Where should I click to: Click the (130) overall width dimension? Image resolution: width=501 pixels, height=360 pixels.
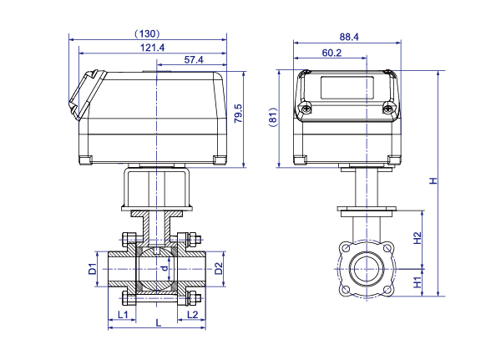[147, 33]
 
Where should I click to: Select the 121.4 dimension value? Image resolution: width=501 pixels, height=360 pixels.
[153, 48]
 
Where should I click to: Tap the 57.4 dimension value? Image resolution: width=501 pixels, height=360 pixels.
[194, 60]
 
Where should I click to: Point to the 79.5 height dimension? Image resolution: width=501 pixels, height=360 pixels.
[238, 114]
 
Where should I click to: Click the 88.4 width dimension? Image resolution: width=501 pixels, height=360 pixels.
[349, 37]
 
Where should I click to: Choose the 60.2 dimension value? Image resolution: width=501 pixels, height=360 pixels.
[331, 53]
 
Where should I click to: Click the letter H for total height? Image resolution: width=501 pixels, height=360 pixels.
[433, 181]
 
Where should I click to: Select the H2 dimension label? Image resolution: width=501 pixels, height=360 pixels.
[417, 238]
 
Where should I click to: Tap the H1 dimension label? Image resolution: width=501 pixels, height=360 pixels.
[417, 282]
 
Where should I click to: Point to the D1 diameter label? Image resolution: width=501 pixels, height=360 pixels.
[93, 269]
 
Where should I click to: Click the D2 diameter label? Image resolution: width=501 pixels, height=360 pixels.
[219, 269]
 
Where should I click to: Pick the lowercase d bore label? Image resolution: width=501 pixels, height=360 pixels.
[164, 268]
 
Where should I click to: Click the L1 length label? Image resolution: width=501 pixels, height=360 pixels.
[123, 315]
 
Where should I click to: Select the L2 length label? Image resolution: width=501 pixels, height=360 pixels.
[192, 315]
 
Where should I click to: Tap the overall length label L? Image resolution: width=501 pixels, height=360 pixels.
[159, 323]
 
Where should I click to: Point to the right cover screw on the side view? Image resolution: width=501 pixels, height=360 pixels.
[387, 109]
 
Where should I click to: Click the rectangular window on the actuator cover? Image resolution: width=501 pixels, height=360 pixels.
[347, 87]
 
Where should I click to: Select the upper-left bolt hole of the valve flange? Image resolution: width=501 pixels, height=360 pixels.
[346, 248]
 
